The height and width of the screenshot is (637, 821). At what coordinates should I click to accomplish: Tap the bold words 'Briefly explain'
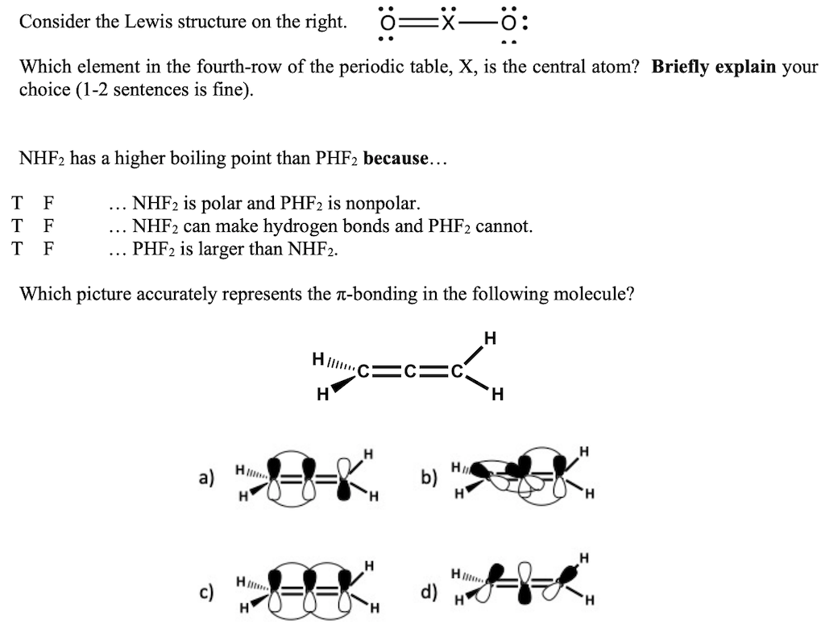(714, 67)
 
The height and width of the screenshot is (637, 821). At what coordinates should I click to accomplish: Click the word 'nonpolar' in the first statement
(383, 202)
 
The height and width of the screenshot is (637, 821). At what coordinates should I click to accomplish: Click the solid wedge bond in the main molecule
(342, 387)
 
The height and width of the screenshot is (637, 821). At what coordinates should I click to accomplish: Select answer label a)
(206, 478)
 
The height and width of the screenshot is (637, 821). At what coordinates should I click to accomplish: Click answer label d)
(429, 594)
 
